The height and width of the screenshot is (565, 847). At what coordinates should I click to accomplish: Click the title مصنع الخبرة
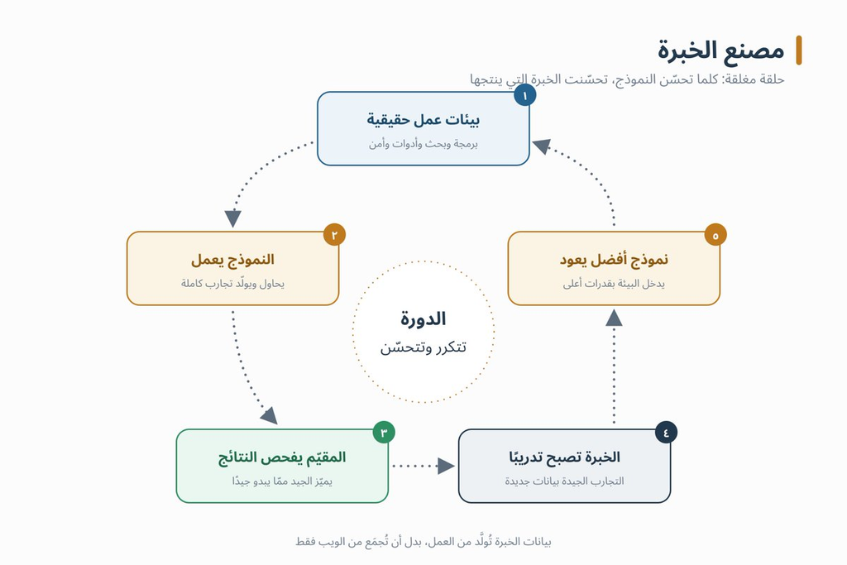coord(720,50)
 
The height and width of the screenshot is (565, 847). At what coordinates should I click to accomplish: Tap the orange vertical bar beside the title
coord(799,50)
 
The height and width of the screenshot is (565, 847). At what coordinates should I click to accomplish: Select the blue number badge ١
coord(524,96)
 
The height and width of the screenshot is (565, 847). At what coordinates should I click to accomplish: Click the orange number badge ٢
coord(334,235)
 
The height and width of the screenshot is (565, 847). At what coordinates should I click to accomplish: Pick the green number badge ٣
coord(384,432)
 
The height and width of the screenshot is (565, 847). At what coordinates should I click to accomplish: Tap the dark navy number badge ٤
coord(666,432)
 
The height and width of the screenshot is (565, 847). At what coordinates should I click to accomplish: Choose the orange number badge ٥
coord(715,235)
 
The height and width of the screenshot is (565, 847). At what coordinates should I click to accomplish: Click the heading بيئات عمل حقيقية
coord(423,120)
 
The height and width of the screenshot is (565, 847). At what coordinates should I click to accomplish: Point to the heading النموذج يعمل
coord(232,260)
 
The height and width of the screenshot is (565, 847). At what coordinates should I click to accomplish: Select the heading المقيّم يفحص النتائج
coord(282,457)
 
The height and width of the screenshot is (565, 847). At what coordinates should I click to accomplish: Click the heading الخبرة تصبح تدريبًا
coord(564,457)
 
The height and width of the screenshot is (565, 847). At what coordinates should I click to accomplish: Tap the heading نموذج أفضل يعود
coord(615,260)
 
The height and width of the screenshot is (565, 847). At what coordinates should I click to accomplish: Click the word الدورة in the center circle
coord(423,318)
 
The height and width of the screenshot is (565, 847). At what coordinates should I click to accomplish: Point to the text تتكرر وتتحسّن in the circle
coord(423,347)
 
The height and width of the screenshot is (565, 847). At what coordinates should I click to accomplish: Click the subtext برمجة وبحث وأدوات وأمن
coord(423,144)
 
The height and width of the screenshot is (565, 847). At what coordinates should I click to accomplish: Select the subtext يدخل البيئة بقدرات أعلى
coord(615,284)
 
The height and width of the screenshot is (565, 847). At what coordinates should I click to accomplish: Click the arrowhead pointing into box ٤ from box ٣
coord(446,466)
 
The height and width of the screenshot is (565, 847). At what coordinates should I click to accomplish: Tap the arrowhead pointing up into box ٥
coord(615,318)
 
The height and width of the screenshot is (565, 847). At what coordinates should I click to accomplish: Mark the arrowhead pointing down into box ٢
coord(232,218)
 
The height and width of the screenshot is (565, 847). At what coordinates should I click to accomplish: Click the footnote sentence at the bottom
coord(423,541)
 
